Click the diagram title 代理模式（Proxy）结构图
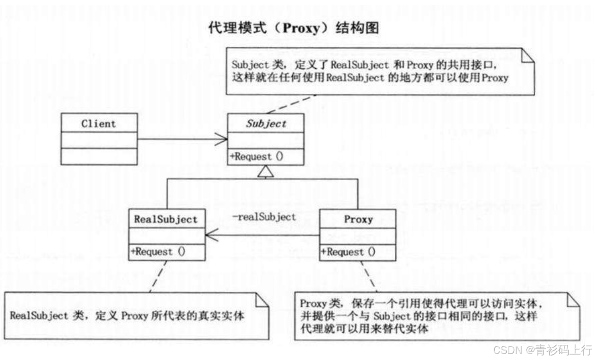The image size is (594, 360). coord(293,28)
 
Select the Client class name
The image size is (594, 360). coord(98,124)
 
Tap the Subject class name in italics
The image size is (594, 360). coord(266,124)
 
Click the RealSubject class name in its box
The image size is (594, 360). coord(166,219)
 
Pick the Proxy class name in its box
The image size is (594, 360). coord(358,219)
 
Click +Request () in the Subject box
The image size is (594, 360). coord(257,156)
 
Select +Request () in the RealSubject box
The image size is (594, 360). coord(158,252)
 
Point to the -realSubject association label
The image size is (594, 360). coord(264,217)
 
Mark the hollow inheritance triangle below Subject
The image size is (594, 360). coord(266,172)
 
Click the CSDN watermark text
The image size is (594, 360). coord(542,349)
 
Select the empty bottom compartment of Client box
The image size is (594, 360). coord(98,156)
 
